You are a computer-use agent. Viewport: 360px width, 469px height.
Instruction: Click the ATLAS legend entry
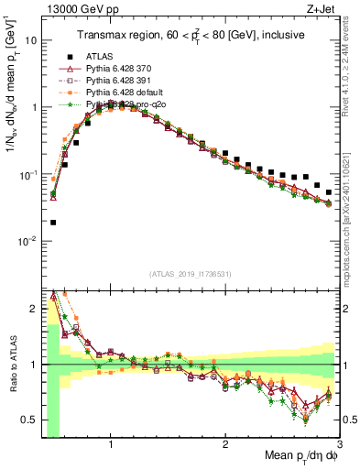tap(98, 57)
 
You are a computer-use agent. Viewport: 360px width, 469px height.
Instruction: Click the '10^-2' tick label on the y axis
tap(29, 242)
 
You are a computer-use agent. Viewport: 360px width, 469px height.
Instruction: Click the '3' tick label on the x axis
tap(340, 444)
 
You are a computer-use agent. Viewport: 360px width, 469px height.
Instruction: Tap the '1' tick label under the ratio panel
tap(111, 444)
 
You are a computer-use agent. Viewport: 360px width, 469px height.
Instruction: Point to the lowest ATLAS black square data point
tap(53, 222)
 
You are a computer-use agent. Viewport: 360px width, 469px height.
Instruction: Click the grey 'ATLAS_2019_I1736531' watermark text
tap(191, 274)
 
